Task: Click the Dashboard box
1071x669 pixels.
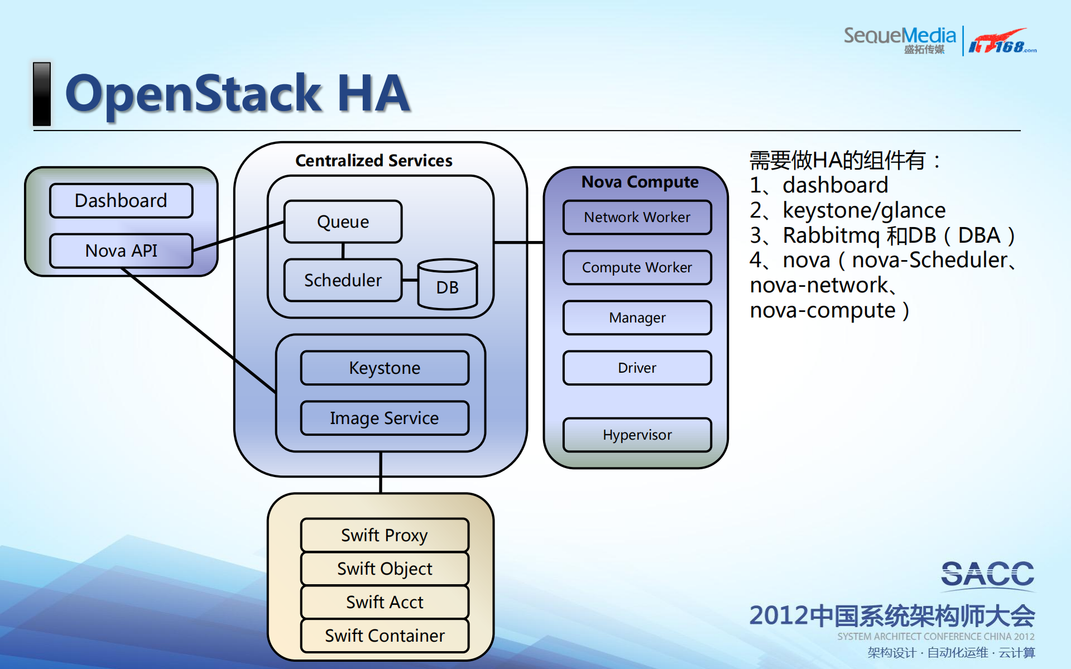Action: pyautogui.click(x=121, y=201)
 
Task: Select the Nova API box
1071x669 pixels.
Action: pyautogui.click(x=121, y=251)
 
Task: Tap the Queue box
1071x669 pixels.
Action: pyautogui.click(x=343, y=222)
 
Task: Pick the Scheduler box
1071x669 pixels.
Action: pyautogui.click(x=343, y=280)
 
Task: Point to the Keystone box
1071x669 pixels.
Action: pyautogui.click(x=385, y=368)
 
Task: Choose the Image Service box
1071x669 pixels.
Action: pyautogui.click(x=385, y=418)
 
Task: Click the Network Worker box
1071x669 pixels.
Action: pyautogui.click(x=637, y=218)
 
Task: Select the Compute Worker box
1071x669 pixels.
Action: pyautogui.click(x=637, y=268)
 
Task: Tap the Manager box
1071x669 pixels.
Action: pyautogui.click(x=637, y=318)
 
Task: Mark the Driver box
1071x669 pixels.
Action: pyautogui.click(x=637, y=368)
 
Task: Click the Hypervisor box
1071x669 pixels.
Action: pyautogui.click(x=637, y=435)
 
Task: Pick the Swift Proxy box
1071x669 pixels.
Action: pyautogui.click(x=385, y=536)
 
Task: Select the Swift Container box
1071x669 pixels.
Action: pyautogui.click(x=385, y=636)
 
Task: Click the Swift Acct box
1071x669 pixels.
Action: pyautogui.click(x=385, y=603)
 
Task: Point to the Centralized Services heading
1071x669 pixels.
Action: pyautogui.click(x=374, y=161)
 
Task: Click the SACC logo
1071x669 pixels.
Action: pyautogui.click(x=987, y=575)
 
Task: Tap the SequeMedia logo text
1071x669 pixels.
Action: pyautogui.click(x=900, y=37)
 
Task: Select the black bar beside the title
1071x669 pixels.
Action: pyautogui.click(x=42, y=94)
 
